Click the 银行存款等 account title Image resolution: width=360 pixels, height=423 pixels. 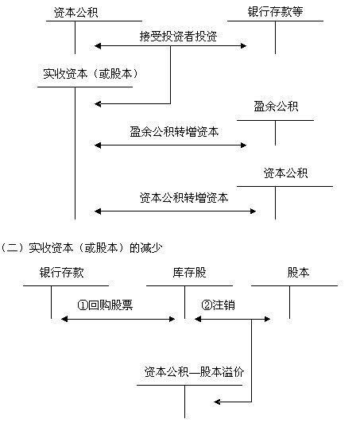point(275,12)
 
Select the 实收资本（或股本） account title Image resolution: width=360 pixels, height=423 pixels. point(91,74)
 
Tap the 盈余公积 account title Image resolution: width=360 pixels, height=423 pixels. point(276,106)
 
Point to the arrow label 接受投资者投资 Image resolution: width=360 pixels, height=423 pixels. point(178,36)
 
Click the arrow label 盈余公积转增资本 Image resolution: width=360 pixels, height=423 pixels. point(174,132)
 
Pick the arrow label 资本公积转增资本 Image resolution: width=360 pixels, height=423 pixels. point(184,198)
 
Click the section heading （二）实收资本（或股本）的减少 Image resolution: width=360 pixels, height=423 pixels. point(82,247)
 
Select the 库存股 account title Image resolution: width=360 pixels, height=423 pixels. point(190,273)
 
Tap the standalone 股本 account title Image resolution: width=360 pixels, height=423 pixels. point(298,273)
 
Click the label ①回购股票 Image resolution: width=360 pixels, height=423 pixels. point(105,305)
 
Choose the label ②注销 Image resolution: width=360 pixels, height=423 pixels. point(219,305)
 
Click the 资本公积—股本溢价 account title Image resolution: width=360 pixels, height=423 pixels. point(194,372)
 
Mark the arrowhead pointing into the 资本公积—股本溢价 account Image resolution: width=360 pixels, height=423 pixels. point(217,402)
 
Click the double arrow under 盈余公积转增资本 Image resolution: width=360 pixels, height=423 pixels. point(170,146)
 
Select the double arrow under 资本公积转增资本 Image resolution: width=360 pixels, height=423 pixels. point(176,211)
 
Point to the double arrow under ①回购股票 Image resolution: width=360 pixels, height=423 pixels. point(118,320)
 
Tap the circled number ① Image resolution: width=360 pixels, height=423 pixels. point(83,305)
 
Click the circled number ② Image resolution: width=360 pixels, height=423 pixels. point(207,305)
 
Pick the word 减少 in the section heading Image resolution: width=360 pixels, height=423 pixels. point(152,247)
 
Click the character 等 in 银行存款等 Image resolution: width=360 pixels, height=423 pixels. point(297,12)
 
